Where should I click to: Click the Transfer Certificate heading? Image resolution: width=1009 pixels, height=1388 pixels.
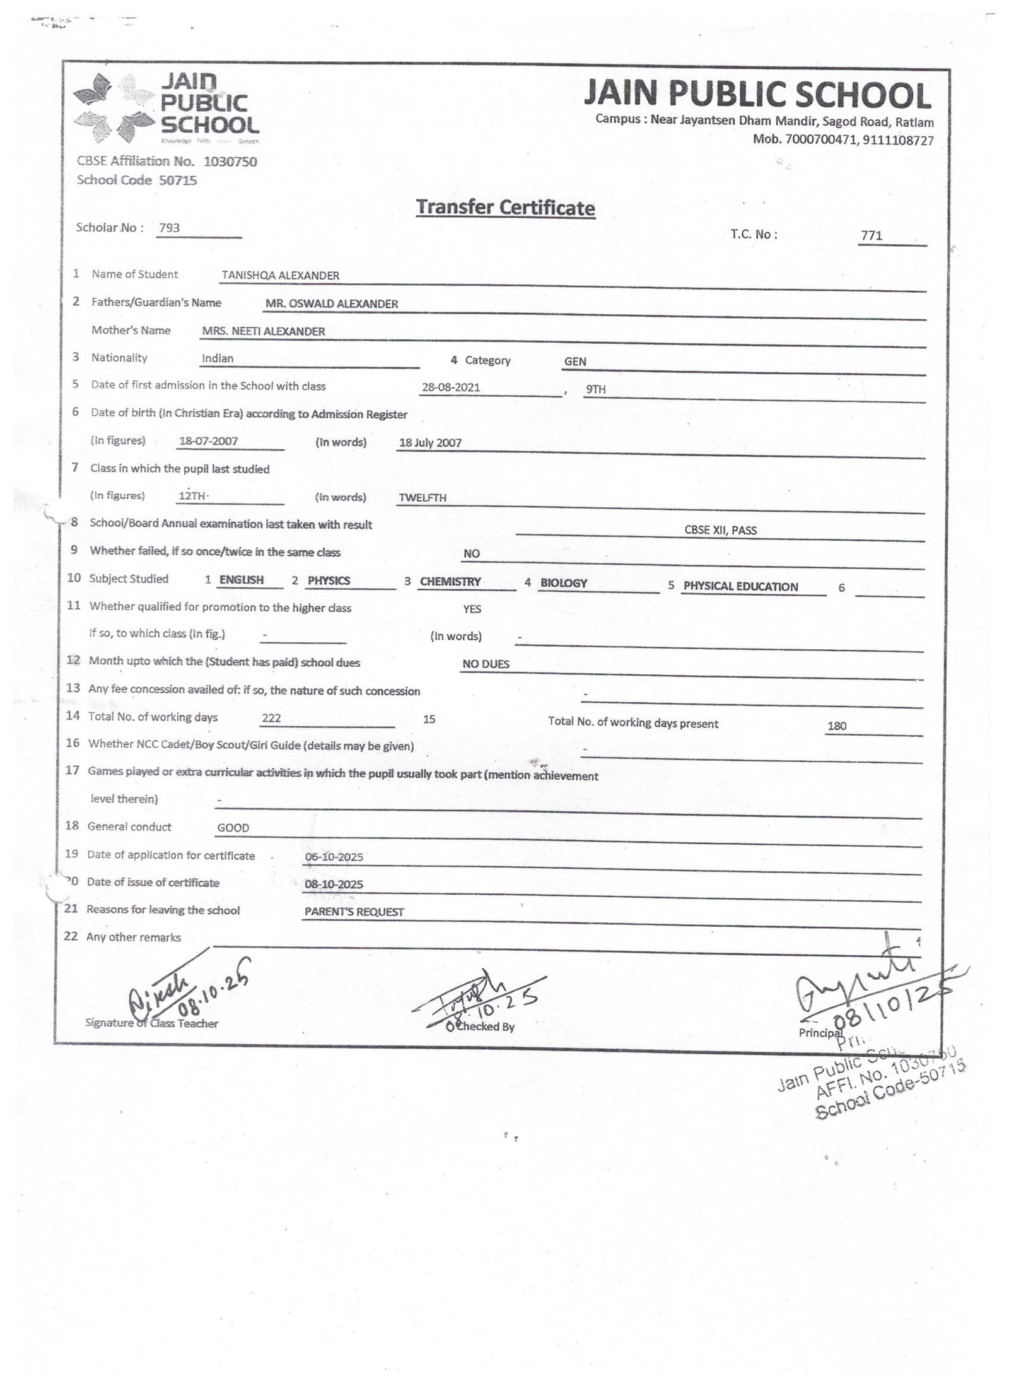pos(505,208)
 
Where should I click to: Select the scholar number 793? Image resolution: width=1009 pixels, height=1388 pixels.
pos(170,228)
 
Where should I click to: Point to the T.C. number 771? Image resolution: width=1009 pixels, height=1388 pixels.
pos(871,236)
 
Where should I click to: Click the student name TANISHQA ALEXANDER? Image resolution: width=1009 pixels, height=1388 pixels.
pos(281,275)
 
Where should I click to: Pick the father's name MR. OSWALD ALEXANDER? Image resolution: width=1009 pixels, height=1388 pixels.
pos(332,303)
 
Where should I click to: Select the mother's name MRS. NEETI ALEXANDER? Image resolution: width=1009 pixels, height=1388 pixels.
pos(264,331)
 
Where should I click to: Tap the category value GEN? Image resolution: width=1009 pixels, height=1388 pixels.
pos(575,362)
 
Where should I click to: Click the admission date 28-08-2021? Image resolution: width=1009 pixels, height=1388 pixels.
pos(451,387)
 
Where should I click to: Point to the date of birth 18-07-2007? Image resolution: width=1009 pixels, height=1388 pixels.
pos(208,441)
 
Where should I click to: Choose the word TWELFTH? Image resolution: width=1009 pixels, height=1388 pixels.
pos(423,498)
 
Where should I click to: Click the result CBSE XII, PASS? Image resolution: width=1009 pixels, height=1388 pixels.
pos(720,530)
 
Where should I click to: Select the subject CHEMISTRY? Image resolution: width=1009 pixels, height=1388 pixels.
pos(450,582)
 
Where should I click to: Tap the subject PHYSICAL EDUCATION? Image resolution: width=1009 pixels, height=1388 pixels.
pos(740,586)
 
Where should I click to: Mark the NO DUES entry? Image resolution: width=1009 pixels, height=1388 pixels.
pos(486,664)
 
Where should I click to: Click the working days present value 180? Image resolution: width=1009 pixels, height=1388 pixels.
pos(837,726)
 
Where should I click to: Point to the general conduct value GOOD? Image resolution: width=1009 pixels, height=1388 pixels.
pos(233,828)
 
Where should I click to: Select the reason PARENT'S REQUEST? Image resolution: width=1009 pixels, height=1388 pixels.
pos(354,912)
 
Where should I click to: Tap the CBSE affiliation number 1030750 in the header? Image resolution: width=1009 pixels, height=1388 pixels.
pos(231,162)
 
